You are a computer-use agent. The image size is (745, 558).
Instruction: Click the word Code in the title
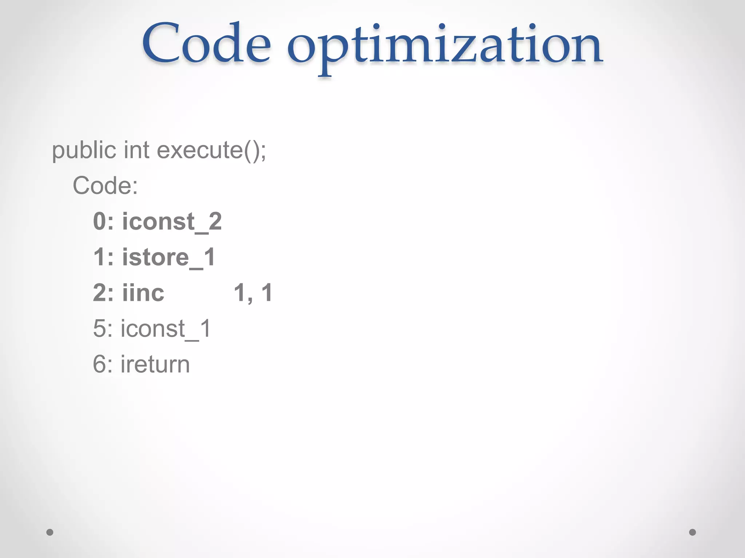(x=206, y=44)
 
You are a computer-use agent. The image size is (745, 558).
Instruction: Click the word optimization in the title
(x=445, y=47)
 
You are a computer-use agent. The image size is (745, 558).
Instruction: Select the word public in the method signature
(x=84, y=150)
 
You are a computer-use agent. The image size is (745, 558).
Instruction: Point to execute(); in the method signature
(x=211, y=151)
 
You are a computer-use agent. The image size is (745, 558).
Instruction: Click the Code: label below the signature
(x=105, y=186)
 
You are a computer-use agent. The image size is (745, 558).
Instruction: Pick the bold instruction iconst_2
(x=172, y=222)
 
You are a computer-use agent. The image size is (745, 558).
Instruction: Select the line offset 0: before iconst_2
(x=103, y=221)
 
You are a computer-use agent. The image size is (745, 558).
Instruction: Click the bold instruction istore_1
(x=169, y=257)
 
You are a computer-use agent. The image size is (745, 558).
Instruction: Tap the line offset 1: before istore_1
(x=103, y=257)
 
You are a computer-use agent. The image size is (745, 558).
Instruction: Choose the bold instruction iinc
(x=143, y=293)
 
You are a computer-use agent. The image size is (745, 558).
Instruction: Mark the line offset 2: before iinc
(x=103, y=293)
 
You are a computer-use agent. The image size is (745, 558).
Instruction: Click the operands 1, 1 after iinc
(x=253, y=293)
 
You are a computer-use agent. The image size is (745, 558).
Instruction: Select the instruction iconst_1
(x=166, y=329)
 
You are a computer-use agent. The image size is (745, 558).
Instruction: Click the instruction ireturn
(x=155, y=364)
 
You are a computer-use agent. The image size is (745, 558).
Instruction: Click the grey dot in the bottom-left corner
(x=50, y=532)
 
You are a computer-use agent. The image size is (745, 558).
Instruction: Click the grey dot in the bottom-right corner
(x=693, y=532)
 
